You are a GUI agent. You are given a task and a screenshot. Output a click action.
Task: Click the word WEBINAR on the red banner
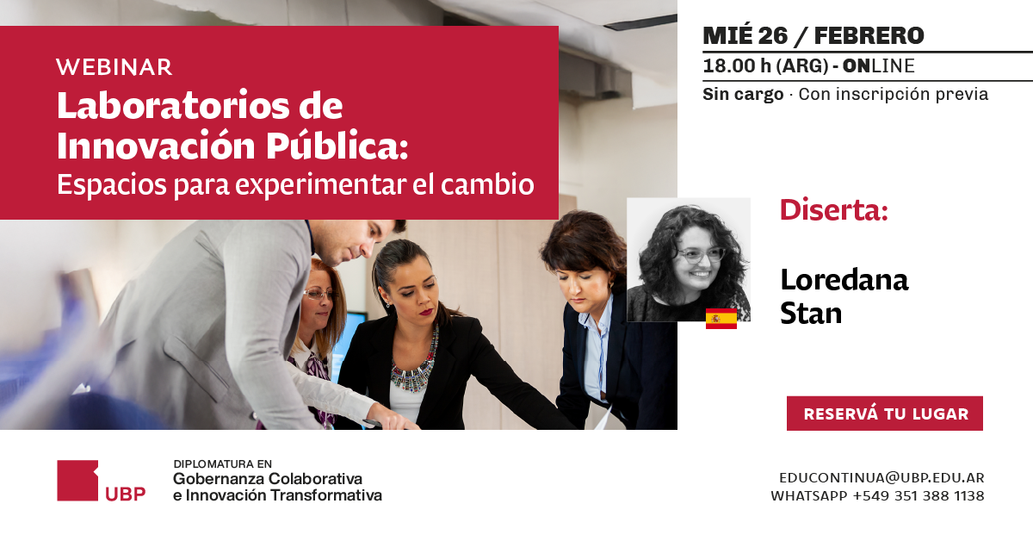[114, 67]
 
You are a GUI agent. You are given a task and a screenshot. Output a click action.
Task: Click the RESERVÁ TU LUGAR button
[885, 414]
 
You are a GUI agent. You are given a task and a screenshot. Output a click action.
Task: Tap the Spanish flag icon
[721, 319]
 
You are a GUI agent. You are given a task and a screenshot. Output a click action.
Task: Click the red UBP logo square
[77, 480]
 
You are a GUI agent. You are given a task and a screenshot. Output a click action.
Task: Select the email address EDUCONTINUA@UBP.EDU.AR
[881, 477]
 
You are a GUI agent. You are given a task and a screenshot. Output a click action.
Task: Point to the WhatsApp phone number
[919, 495]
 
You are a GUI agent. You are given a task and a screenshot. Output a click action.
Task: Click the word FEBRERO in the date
[869, 36]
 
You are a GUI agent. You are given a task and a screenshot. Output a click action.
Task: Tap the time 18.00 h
[737, 66]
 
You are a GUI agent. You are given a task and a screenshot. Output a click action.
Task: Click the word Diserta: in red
[834, 210]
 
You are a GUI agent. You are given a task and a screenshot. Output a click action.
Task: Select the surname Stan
[811, 314]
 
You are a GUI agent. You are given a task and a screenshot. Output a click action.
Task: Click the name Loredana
[844, 280]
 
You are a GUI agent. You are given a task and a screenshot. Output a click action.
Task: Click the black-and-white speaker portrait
[689, 259]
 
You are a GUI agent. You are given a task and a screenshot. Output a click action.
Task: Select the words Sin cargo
[743, 95]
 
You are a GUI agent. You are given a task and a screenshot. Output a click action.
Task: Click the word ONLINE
[879, 66]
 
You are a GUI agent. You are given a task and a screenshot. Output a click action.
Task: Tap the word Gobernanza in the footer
[218, 479]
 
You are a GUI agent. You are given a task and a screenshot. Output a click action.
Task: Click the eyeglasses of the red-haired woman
[319, 294]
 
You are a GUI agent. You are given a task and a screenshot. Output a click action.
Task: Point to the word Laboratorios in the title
[174, 106]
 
